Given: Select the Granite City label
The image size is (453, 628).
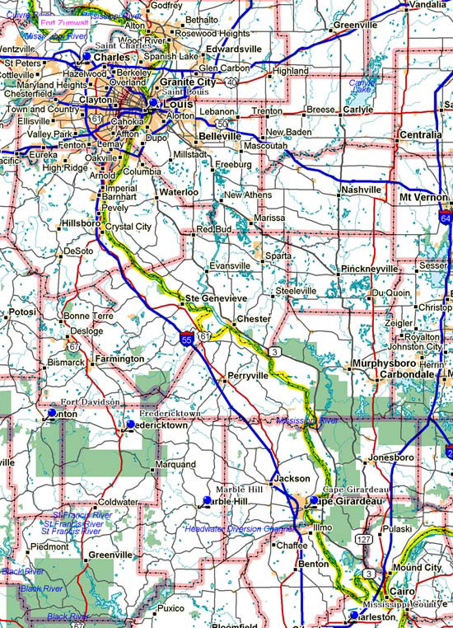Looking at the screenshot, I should pyautogui.click(x=187, y=82).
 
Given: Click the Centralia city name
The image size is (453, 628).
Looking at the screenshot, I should pyautogui.click(x=421, y=134).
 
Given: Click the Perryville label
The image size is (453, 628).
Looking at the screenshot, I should pyautogui.click(x=248, y=376).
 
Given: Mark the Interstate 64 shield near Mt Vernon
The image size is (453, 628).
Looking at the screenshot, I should pyautogui.click(x=446, y=220).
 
